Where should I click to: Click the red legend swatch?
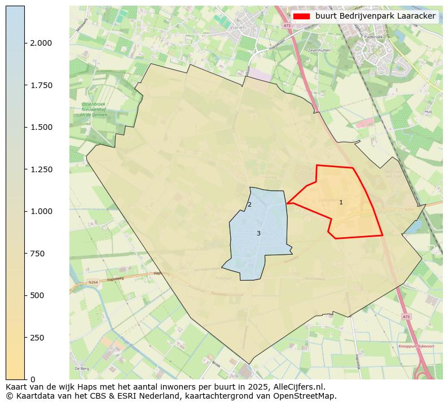click(x=301, y=16)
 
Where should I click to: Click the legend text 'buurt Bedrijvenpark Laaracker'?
click(x=375, y=16)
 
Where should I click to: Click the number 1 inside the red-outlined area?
click(x=341, y=202)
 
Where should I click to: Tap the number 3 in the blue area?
click(x=258, y=233)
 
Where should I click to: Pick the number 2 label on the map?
click(x=249, y=204)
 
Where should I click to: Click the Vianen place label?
click(x=238, y=27)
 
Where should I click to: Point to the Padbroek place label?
click(x=374, y=37)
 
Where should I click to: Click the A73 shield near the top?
click(x=287, y=25)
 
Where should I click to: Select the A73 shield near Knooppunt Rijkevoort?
click(x=406, y=317)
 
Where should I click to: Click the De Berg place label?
click(x=81, y=368)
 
